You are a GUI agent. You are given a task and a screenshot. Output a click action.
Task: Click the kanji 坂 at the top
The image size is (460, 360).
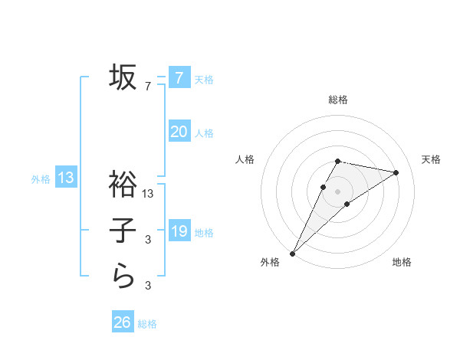point(123,77)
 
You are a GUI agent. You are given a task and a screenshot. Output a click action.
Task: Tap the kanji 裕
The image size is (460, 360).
point(123,184)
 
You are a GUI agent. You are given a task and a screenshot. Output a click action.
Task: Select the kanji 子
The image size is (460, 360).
point(123,230)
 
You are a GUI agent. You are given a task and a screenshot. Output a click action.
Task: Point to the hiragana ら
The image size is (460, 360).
point(123,274)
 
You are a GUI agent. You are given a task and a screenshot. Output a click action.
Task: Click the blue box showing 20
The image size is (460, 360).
point(179,132)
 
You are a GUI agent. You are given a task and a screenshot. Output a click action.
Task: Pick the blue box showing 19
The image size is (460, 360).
point(179,230)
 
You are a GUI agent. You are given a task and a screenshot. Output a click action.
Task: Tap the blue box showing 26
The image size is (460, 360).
point(123,322)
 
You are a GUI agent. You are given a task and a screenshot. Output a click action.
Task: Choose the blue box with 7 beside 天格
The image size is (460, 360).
point(179,77)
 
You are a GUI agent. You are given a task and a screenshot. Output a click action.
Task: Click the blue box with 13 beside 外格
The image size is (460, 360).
point(66,178)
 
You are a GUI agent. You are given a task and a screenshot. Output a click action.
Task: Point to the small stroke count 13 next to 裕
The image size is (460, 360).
point(149,195)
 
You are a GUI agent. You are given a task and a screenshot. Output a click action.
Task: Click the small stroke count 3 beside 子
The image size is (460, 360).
point(148,241)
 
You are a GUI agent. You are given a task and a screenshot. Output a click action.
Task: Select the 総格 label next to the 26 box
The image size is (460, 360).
point(147,324)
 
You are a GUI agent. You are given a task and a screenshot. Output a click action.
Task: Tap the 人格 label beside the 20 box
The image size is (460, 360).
point(204,133)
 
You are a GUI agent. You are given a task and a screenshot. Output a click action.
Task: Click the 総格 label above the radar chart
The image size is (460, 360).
point(337,100)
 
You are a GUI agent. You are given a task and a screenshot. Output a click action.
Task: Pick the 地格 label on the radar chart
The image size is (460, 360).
point(402,263)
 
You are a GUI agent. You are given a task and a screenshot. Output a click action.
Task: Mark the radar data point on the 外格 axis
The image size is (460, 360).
point(292,253)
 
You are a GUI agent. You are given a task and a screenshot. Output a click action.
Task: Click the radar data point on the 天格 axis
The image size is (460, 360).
point(396,172)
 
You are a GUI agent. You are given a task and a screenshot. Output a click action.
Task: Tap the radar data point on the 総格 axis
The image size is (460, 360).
point(337,161)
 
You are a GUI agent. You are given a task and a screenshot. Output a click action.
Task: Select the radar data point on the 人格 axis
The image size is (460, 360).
point(324,187)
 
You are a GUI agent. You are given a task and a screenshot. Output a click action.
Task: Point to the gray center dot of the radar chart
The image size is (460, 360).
point(337,191)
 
